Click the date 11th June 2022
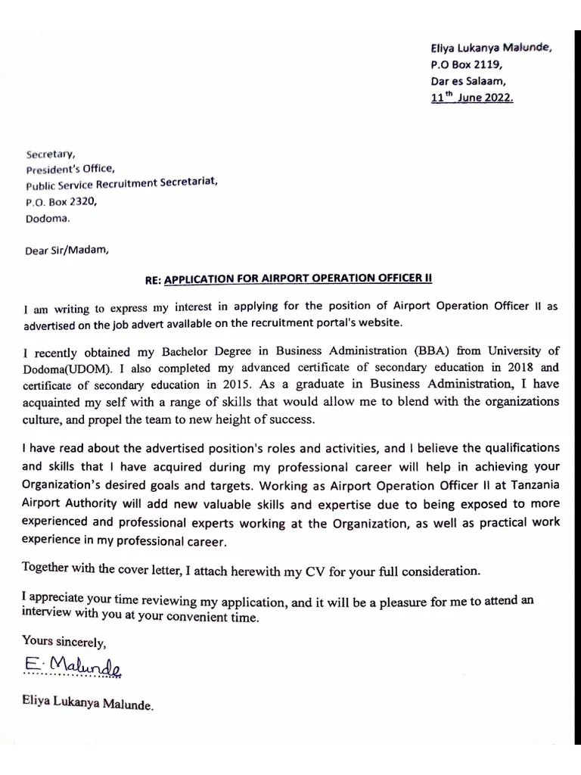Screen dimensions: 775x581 click(472, 98)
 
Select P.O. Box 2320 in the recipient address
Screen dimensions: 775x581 click(61, 202)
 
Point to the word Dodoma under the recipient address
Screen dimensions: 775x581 click(47, 219)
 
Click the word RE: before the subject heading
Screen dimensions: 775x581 click(153, 279)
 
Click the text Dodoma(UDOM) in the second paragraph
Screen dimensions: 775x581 click(65, 368)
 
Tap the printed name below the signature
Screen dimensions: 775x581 click(88, 705)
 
